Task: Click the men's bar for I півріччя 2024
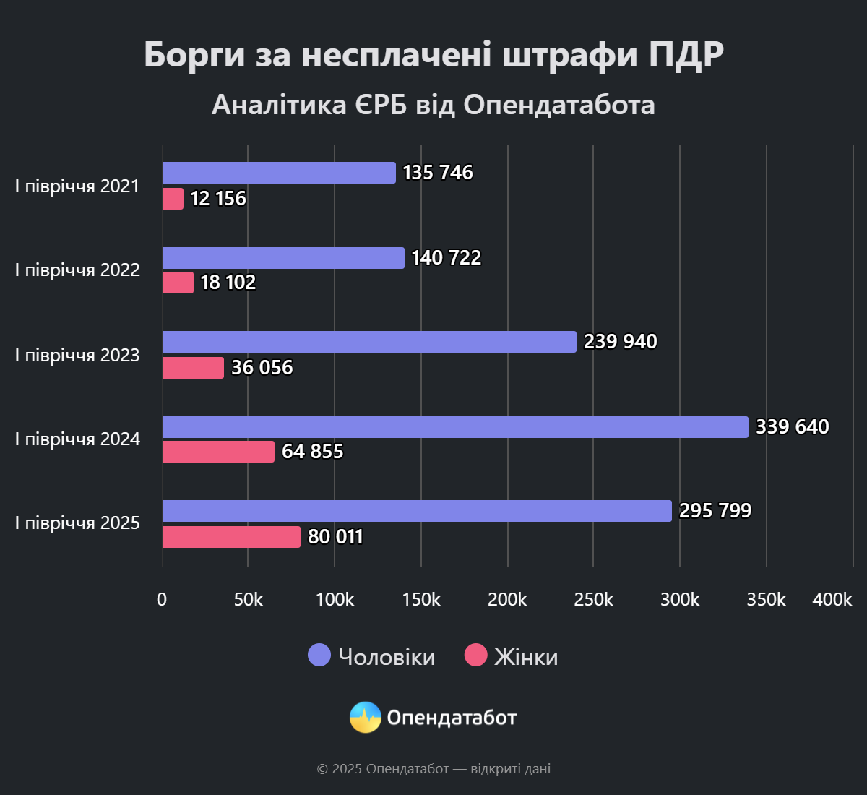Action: [455, 427]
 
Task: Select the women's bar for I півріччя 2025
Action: [231, 537]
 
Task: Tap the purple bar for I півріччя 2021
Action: [279, 173]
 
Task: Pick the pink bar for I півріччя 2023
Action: [193, 368]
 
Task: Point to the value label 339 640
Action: [792, 427]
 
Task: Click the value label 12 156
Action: [218, 199]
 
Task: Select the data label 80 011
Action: [335, 537]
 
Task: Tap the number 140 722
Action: [446, 258]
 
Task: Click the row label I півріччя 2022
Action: [77, 270]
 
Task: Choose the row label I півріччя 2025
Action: [77, 523]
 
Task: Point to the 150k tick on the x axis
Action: [420, 600]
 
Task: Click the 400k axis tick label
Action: [832, 600]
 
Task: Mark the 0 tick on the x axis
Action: [162, 600]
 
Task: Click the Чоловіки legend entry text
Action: [387, 657]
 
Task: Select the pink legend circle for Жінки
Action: [475, 656]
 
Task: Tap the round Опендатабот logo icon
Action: [366, 718]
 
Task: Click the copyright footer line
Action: [433, 769]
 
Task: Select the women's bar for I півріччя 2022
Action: [178, 283]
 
